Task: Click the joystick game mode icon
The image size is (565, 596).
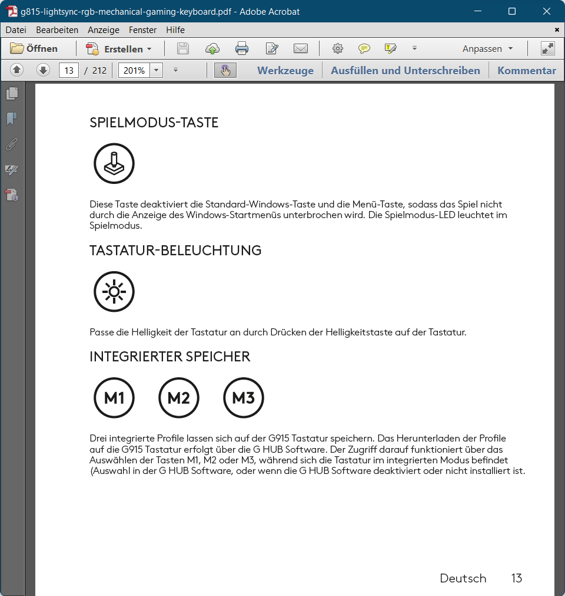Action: tap(114, 163)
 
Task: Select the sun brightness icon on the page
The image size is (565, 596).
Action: tap(114, 292)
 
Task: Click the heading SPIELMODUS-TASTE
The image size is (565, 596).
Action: tap(154, 123)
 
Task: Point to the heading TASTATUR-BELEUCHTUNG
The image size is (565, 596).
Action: tap(175, 251)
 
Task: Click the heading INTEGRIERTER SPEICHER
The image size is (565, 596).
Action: tap(170, 357)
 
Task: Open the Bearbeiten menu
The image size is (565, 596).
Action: tap(57, 30)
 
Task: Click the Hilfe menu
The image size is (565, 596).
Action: tap(175, 30)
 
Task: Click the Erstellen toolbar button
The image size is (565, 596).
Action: tap(119, 49)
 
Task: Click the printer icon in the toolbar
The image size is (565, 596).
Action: tap(242, 49)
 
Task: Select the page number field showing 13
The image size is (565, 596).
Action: tap(69, 71)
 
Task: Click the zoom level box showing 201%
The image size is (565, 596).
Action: tap(134, 71)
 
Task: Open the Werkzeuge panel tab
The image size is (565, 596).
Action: tap(285, 71)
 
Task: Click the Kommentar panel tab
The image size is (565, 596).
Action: tap(527, 71)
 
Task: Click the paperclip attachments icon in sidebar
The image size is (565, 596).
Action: tap(12, 144)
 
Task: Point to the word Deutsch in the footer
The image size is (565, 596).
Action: tap(463, 578)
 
